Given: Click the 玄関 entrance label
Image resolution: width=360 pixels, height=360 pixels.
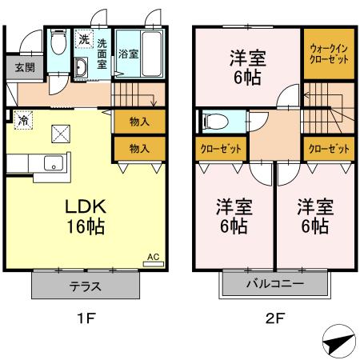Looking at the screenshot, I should point(18,66).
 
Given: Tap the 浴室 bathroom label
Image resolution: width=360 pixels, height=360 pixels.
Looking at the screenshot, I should point(126,55).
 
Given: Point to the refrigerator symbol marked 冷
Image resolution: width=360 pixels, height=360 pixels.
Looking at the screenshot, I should point(24,121).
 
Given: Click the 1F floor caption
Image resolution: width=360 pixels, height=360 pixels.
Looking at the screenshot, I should point(86,318).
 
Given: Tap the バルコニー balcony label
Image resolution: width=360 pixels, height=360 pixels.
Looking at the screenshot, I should point(274,283).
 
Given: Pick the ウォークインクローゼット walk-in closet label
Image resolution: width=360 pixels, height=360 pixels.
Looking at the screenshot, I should point(327,54).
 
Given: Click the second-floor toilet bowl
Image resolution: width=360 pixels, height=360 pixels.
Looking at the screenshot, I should point(216,122).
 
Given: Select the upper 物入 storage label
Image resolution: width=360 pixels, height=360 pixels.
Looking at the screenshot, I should point(138,122).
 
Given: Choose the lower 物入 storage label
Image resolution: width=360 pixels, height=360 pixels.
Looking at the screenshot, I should point(138,149).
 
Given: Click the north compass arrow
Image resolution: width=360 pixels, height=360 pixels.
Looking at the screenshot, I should point(335,343).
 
